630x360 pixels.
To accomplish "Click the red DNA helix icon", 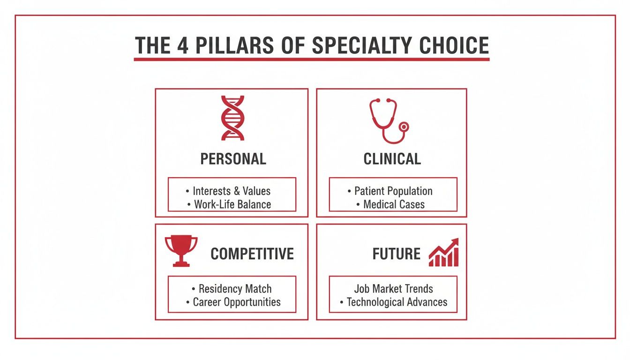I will click(x=232, y=118).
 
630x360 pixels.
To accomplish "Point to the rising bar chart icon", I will click(x=443, y=253).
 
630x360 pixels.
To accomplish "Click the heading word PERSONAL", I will click(x=233, y=159).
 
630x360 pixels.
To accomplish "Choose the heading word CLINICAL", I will click(x=392, y=159).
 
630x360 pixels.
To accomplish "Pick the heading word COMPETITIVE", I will click(x=252, y=254).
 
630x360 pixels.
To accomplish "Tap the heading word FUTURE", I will click(x=397, y=254).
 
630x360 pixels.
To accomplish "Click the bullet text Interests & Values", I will click(x=232, y=191).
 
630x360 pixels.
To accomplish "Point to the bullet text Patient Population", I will click(x=393, y=191).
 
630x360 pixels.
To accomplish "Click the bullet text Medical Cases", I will click(x=394, y=204).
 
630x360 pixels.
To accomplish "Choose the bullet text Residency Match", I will click(x=235, y=289).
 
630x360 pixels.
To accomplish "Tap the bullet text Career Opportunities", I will click(x=237, y=302).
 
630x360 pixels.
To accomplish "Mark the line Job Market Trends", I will click(x=393, y=289).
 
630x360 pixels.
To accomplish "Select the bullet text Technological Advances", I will click(x=397, y=302).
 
